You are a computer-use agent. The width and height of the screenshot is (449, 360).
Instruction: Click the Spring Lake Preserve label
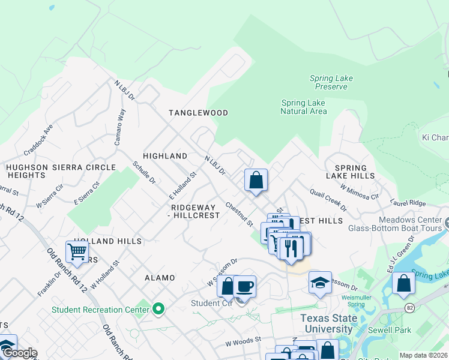(x=331, y=82)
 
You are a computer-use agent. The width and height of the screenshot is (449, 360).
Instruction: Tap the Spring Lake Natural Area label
(x=304, y=107)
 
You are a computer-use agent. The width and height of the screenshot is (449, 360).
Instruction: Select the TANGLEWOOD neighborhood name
(x=198, y=113)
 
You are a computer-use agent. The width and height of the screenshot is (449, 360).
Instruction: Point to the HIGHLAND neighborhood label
(x=165, y=156)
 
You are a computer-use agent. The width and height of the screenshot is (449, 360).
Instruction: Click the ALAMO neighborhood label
(x=160, y=278)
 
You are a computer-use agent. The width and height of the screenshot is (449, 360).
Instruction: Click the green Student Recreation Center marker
(x=158, y=309)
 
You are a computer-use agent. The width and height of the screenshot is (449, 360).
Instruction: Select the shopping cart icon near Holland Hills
(x=77, y=252)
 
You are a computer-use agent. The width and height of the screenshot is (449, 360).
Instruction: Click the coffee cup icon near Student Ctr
(x=244, y=286)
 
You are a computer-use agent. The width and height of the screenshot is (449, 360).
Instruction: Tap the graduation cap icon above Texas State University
(x=320, y=282)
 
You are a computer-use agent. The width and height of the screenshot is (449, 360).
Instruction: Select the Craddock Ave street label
(x=38, y=138)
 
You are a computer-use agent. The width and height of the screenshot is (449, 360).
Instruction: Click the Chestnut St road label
(x=239, y=214)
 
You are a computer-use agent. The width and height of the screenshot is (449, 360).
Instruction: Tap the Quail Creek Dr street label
(x=328, y=200)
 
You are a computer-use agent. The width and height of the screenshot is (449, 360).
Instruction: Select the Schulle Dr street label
(x=144, y=172)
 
